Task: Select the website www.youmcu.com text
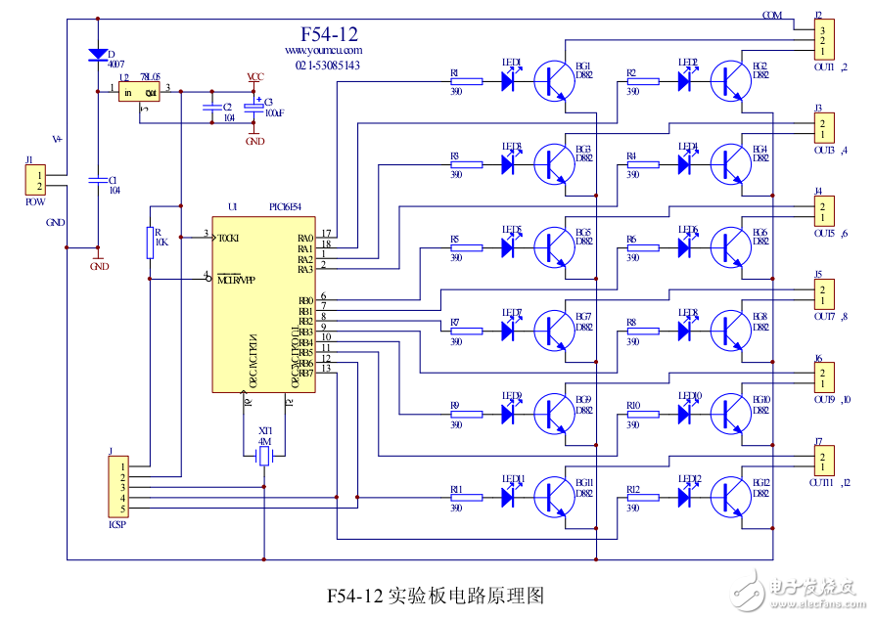(x=324, y=50)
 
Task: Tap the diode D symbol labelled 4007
(x=97, y=55)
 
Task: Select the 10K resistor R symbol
(x=151, y=243)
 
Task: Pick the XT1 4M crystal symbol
(x=264, y=457)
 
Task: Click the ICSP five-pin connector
(x=116, y=487)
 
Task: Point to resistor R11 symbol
(x=465, y=497)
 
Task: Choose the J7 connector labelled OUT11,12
(x=824, y=459)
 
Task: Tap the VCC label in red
(x=254, y=76)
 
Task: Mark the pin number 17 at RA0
(x=326, y=233)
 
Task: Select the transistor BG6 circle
(x=731, y=247)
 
